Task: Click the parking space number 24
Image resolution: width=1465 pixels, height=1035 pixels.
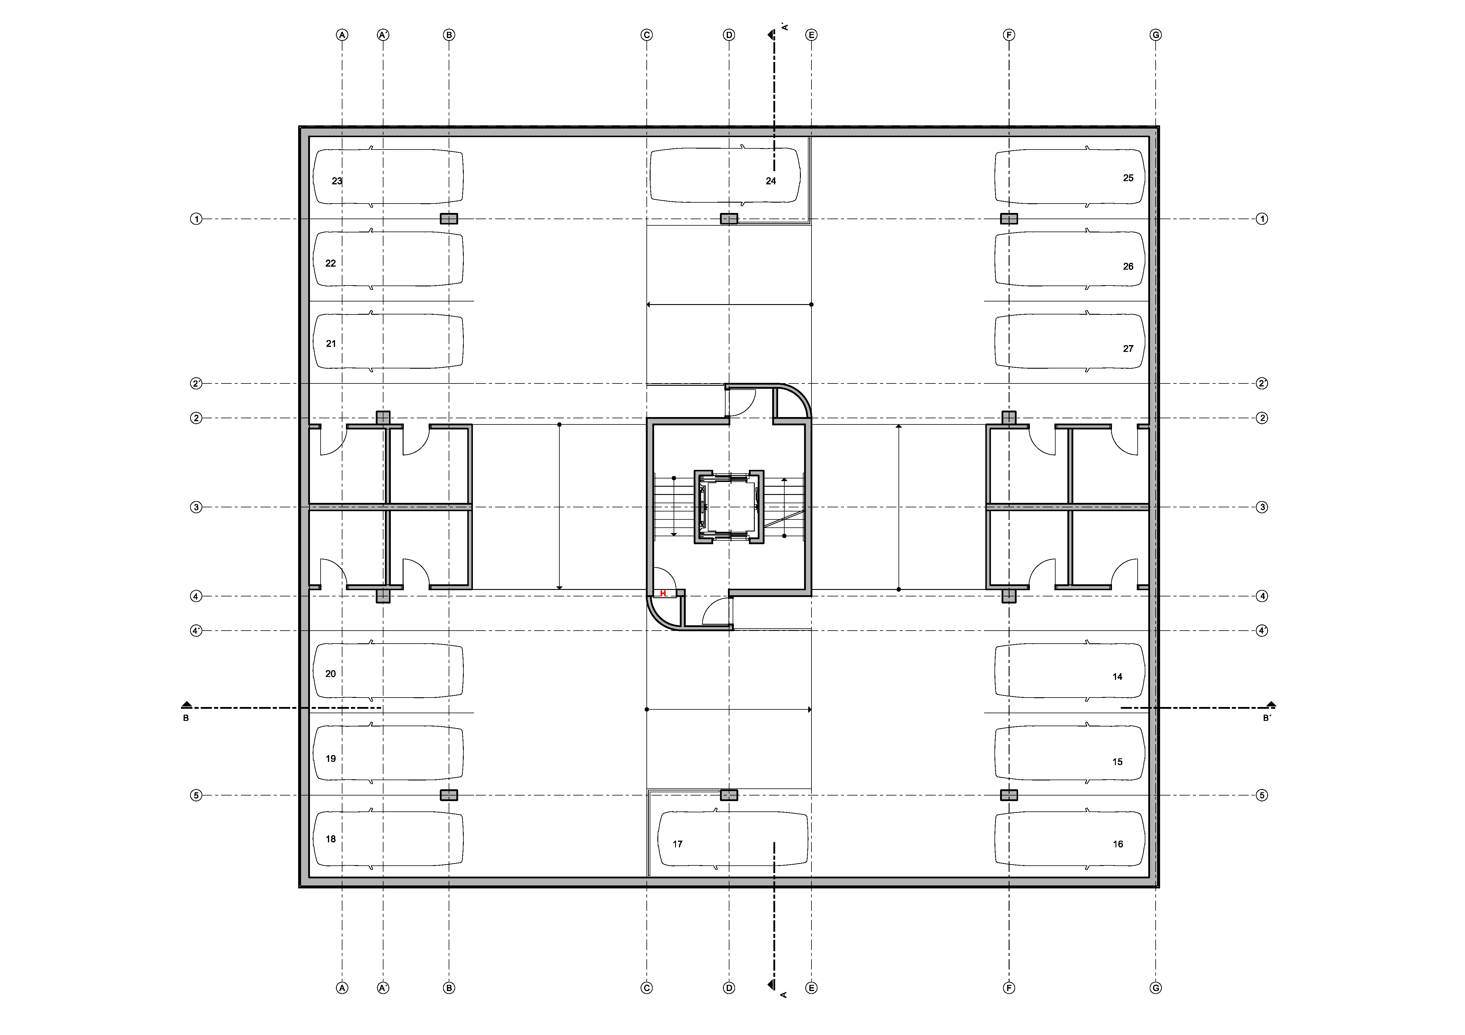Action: point(771,181)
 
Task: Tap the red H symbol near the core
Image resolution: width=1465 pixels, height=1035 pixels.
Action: point(663,593)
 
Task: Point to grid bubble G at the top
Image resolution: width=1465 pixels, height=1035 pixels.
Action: point(1156,35)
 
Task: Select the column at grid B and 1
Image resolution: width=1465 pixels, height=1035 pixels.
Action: point(449,219)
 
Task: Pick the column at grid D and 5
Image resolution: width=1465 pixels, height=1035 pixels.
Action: point(729,795)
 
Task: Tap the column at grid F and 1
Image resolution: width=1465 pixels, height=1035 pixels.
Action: point(1009,219)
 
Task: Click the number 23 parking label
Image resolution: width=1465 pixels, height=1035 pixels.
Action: point(337,181)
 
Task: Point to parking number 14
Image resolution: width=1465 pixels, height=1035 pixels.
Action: point(1117,677)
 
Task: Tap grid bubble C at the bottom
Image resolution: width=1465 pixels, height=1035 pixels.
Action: point(646,988)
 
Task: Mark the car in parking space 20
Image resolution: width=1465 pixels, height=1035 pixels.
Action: point(388,671)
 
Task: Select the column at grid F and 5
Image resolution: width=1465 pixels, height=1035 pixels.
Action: point(1009,795)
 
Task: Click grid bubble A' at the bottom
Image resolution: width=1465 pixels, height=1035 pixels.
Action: point(383,988)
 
